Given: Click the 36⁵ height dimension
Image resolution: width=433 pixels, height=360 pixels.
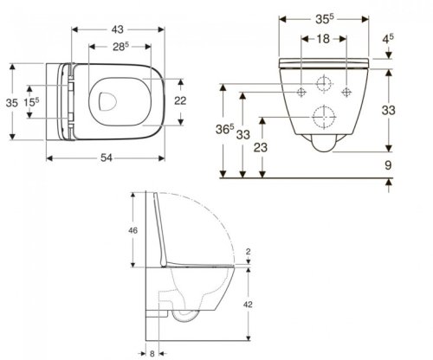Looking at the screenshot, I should click(223, 132).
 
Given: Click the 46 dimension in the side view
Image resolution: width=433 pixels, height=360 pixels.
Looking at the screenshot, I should click(132, 231).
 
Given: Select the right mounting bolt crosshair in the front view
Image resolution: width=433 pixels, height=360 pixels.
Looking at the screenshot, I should click(347, 91).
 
